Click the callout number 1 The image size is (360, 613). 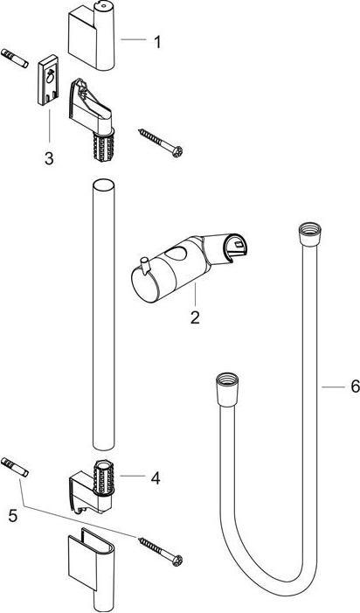tap(157, 40)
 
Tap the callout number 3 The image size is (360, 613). tap(49, 158)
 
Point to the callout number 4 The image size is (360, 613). tap(155, 477)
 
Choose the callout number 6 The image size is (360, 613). tap(354, 386)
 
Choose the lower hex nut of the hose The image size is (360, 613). tap(223, 384)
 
